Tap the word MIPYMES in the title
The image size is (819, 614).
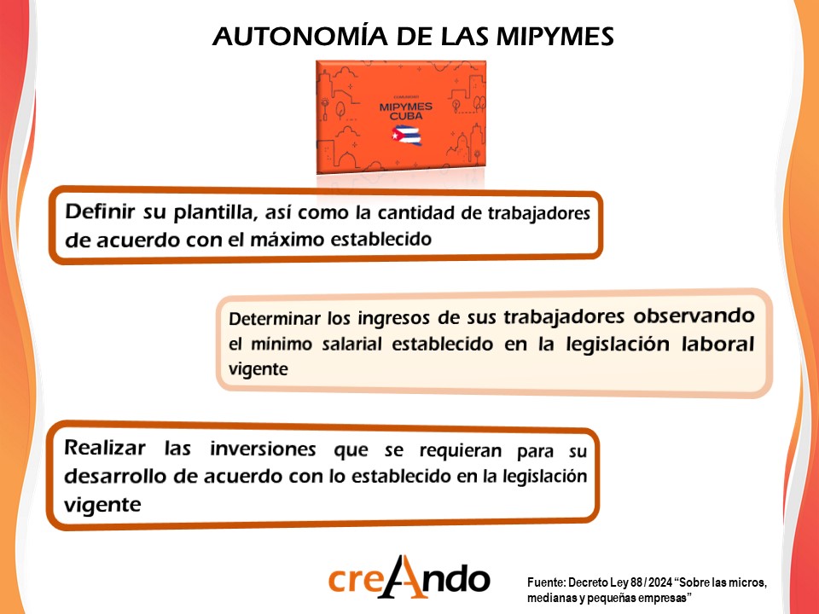click(555, 36)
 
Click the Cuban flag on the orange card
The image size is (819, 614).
click(406, 135)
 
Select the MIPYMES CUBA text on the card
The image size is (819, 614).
click(406, 111)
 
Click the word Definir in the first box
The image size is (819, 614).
click(101, 211)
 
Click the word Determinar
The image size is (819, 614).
click(274, 318)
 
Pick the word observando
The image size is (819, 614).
click(694, 316)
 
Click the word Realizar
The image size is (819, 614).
click(105, 448)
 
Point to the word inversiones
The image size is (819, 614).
click(263, 449)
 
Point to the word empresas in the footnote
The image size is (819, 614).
click(665, 597)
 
